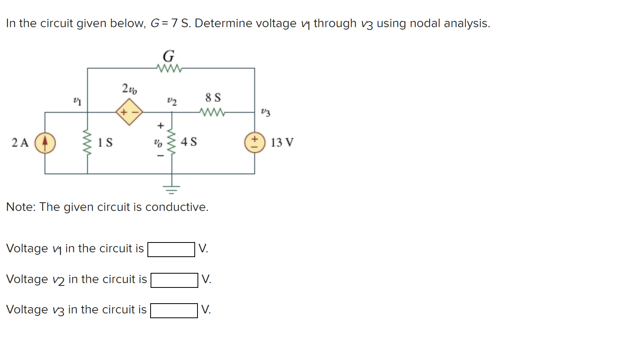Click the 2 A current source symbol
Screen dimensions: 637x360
tap(45, 143)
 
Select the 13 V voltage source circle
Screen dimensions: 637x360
tap(255, 142)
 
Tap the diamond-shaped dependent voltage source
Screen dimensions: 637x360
tap(129, 112)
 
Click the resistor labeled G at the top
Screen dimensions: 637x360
tap(169, 68)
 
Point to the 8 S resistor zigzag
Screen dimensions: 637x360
tap(213, 112)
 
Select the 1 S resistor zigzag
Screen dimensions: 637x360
tap(87, 143)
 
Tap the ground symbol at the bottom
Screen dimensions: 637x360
tap(171, 189)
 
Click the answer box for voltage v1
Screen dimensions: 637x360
tap(171, 249)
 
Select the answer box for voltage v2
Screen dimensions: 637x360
tap(174, 280)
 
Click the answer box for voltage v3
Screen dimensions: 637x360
tap(174, 311)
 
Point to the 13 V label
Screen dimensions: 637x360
tap(282, 142)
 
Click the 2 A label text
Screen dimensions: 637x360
tap(20, 142)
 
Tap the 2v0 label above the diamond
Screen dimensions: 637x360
tap(129, 89)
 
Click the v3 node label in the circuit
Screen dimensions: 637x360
tap(266, 112)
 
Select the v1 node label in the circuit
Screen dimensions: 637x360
tap(77, 101)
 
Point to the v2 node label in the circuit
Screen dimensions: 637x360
tap(172, 101)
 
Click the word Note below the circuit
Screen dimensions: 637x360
tap(20, 207)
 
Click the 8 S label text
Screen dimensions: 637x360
tap(213, 97)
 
